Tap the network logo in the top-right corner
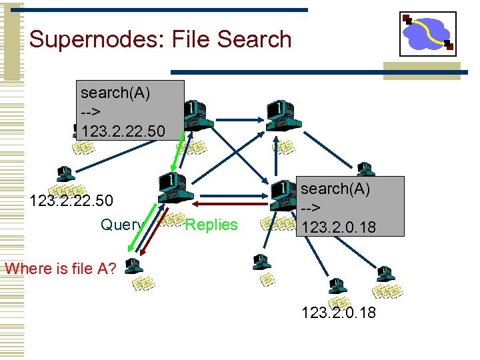427,33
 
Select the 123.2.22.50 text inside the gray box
121,129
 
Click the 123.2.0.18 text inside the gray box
339,227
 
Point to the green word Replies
211,225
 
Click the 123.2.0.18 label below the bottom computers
339,311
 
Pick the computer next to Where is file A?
133,266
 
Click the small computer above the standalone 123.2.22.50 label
65,174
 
